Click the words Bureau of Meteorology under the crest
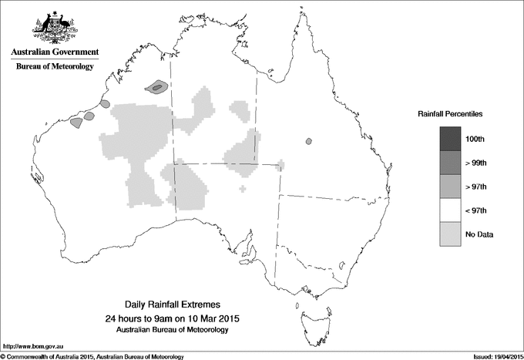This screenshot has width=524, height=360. [x=55, y=67]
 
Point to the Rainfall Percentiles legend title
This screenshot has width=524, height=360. [x=450, y=113]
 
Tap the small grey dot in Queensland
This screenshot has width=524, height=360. [x=308, y=141]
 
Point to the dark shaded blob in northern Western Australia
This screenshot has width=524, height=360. [x=158, y=87]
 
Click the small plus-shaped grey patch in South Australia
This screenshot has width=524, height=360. [x=244, y=187]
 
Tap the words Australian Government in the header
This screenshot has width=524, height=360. [x=55, y=52]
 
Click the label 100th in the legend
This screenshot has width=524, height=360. [x=475, y=139]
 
